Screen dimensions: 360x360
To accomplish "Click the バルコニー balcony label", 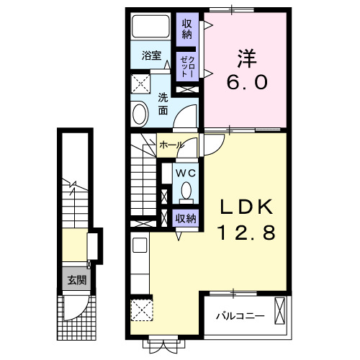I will coord(240,315).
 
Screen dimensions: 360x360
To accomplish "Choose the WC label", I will coord(184,173).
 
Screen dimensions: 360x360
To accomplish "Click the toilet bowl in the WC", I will coord(186,192).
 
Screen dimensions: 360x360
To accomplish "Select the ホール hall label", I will coord(171,145).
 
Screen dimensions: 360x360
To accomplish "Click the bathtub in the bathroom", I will coord(153,28).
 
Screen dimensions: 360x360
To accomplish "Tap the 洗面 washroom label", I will coord(163,104).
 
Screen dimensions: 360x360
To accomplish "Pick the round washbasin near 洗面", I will coord(140,113).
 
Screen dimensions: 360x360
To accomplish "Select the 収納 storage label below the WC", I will coord(186,217).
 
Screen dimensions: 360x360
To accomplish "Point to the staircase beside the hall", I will coord(145,180).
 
